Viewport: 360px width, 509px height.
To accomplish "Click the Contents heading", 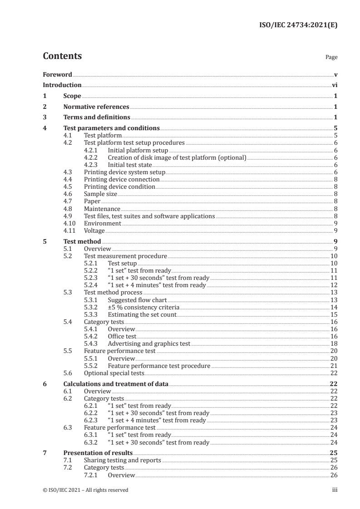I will [62, 56].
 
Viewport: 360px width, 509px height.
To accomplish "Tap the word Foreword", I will [57, 74].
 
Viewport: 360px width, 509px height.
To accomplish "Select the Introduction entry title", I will [62, 85].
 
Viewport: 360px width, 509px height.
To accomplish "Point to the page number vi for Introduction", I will [334, 85].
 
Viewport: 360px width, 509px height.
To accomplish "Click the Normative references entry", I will [96, 107].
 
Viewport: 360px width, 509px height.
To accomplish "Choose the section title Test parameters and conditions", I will [111, 128].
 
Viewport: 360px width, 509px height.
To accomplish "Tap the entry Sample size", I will [100, 194].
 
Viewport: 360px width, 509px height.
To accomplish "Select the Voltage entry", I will [94, 231].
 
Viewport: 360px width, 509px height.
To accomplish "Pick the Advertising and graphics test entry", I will [149, 344].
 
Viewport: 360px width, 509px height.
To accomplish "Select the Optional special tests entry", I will [114, 373].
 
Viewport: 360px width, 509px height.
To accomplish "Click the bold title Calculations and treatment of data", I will [116, 384].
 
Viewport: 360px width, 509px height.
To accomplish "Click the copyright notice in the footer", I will [85, 490].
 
